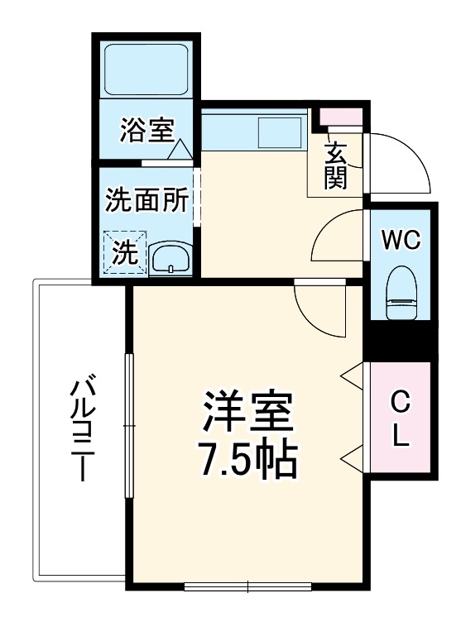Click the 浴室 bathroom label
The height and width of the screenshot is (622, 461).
click(146, 129)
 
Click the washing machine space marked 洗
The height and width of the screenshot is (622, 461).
click(124, 251)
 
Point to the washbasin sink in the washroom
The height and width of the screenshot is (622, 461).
click(171, 257)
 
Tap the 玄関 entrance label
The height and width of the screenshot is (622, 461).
click(335, 165)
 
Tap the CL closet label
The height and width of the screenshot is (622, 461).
click(401, 419)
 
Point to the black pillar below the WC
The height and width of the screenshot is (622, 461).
click(401, 340)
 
